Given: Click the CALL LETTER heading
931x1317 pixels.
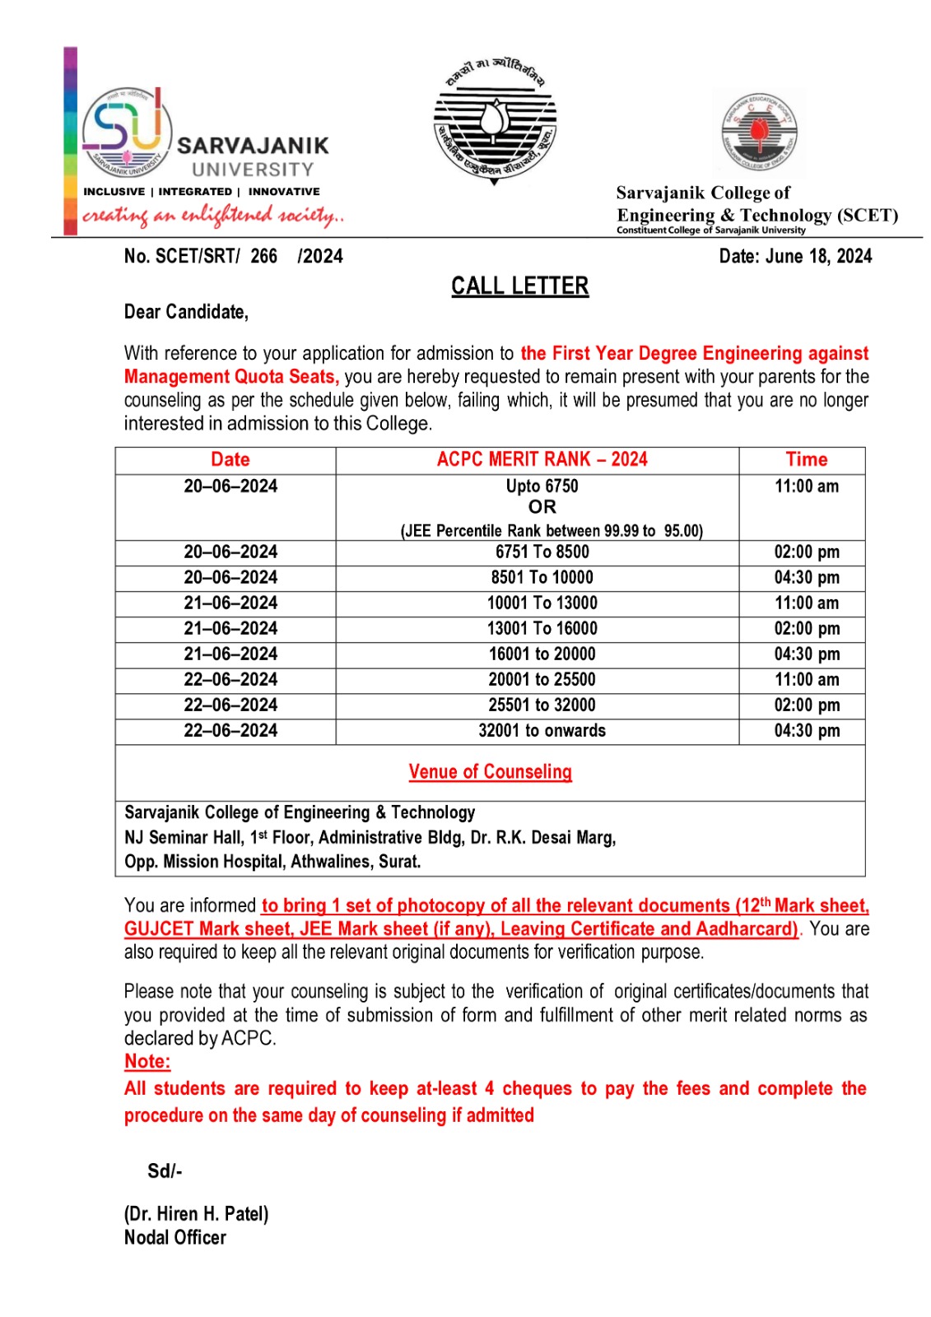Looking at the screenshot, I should click(519, 286).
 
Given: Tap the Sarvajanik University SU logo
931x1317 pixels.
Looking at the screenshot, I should click(128, 132).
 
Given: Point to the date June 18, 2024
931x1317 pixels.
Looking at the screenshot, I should click(795, 256).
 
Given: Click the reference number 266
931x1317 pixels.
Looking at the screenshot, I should click(263, 256).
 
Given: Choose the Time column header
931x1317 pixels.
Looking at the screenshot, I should click(806, 459).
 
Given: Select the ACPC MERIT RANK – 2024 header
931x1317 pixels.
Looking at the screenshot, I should click(542, 459).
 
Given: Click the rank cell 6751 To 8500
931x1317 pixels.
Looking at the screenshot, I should click(542, 551).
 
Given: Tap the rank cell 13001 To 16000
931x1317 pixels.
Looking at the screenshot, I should click(542, 628).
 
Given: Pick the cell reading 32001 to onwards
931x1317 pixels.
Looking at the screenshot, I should click(542, 730).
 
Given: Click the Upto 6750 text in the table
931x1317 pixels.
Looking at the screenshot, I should click(542, 486).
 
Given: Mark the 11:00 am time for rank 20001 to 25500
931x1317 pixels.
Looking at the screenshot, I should click(806, 679).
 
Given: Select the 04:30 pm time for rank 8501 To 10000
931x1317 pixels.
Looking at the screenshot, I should click(806, 577).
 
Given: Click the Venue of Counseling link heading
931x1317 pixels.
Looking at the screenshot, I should click(490, 771).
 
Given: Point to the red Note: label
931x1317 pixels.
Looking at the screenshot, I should click(147, 1061).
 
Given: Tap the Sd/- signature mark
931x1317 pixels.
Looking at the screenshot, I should click(165, 1170).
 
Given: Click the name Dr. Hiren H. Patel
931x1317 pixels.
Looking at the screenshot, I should click(196, 1213).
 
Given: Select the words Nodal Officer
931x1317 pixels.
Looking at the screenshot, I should click(175, 1237).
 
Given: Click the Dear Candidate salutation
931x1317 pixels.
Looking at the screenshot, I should click(186, 312).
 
